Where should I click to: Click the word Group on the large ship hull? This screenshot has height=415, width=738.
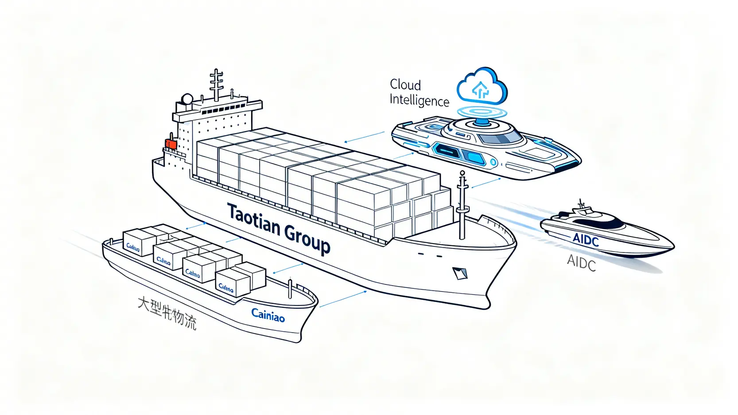307,240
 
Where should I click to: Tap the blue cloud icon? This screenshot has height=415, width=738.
482,86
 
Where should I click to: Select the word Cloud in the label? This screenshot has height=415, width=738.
405,85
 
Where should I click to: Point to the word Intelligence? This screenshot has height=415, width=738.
419,101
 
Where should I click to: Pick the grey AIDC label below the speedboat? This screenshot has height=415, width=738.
581,263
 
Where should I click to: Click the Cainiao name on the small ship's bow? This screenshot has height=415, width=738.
268,315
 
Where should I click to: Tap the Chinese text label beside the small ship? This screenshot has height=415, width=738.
167,313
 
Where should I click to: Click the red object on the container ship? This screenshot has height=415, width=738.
171,144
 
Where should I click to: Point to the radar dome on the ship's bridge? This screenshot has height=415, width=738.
187,99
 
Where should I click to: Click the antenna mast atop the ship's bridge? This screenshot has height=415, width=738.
216,85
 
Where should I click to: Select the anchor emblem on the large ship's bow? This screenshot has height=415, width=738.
460,273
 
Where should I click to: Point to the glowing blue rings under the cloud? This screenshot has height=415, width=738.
481,111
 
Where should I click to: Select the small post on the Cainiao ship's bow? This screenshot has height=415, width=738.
290,289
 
